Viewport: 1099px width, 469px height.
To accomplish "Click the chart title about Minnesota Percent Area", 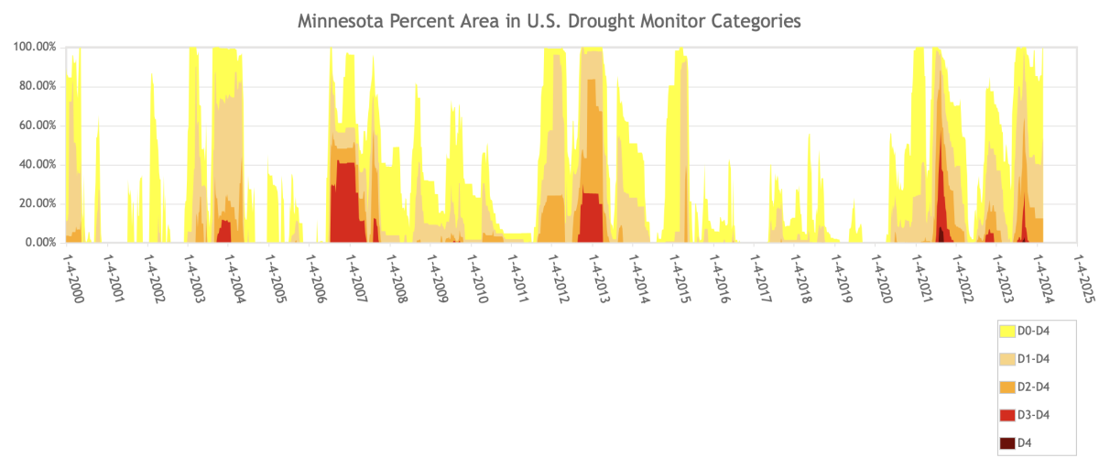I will (549, 19).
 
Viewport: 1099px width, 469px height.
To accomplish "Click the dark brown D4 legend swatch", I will (1007, 443).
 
